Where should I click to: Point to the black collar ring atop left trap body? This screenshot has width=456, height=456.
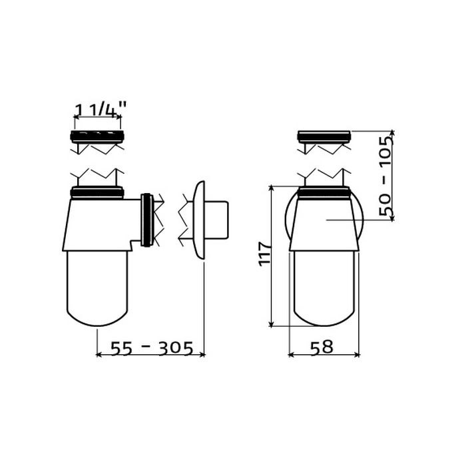(x=97, y=194)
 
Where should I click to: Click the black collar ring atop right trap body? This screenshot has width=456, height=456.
(x=323, y=194)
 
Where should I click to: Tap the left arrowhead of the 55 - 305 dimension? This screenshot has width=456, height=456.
(x=100, y=355)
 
